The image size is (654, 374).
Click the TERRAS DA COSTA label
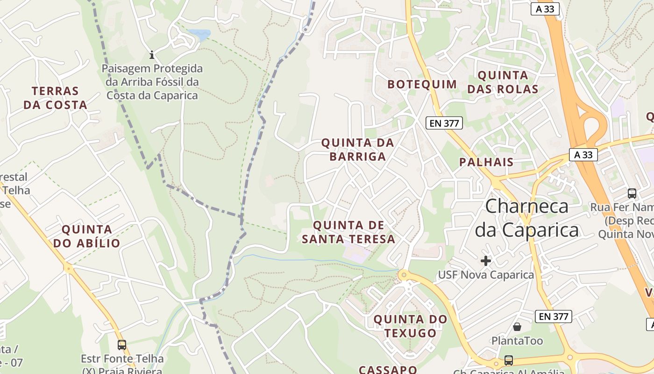point(56,98)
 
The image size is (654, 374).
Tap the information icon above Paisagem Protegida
point(152,55)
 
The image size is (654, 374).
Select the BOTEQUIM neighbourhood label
point(422,85)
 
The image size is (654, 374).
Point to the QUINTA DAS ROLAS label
point(503,82)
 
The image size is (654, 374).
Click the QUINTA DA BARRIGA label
point(358,149)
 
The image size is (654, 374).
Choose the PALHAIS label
point(486,162)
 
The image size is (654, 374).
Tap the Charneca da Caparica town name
point(527,218)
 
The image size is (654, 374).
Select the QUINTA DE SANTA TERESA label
point(348,232)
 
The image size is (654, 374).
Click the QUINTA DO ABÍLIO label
point(87,236)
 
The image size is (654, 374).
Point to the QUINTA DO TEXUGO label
point(411,326)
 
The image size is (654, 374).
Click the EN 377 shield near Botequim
point(444,123)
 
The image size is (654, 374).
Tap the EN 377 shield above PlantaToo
point(554,316)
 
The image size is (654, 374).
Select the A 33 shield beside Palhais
point(583,155)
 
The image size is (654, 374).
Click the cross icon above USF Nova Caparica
point(486,260)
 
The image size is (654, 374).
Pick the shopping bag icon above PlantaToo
point(517,326)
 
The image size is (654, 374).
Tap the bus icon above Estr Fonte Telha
point(122,345)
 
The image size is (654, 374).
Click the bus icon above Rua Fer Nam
point(632,193)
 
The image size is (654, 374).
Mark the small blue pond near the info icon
point(199,34)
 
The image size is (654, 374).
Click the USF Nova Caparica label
point(486,275)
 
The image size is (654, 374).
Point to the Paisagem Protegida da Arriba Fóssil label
point(152,82)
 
